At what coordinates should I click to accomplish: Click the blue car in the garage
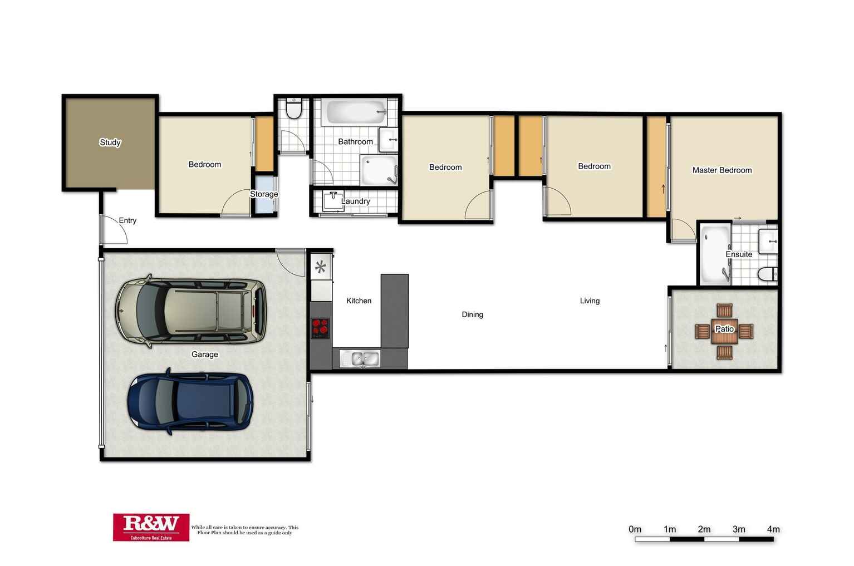pos(190,401)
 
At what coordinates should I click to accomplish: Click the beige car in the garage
pos(190,312)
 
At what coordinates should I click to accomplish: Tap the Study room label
pos(110,142)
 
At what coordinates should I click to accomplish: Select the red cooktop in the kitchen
pos(320,328)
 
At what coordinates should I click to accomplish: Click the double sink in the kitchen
pos(359,359)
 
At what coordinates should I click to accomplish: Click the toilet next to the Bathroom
pos(293,109)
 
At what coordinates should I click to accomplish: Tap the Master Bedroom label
pos(722,170)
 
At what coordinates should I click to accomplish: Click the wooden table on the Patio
pos(724,331)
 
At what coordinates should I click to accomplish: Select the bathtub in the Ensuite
pos(714,254)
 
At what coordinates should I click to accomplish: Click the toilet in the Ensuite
pos(767,274)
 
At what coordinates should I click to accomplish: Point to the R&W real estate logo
pos(151,526)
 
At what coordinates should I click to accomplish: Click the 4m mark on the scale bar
pos(773,529)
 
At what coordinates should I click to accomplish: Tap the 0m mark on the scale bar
pos(635,529)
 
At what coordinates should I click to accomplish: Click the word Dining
pos(472,314)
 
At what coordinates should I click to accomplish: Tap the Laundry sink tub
pos(333,201)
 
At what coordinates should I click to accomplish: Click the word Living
pos(590,301)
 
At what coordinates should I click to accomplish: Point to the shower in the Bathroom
pos(379,170)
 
